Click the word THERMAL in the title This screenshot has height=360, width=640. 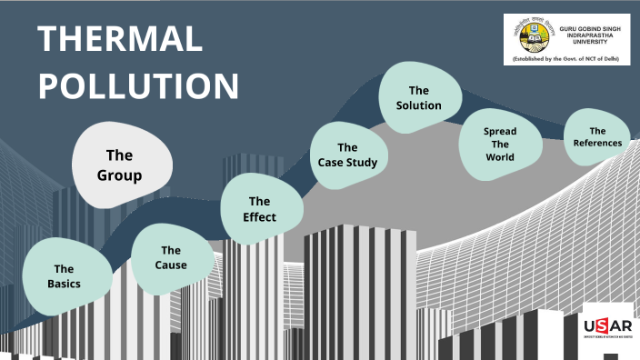click(x=119, y=39)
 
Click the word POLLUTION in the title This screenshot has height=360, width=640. click(x=138, y=85)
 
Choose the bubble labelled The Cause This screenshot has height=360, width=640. click(x=171, y=257)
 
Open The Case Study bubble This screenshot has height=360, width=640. click(x=347, y=155)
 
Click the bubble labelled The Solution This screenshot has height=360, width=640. click(x=418, y=97)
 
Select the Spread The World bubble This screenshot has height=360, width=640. click(x=499, y=144)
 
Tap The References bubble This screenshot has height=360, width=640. click(x=597, y=136)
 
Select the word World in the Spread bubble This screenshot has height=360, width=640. click(x=499, y=156)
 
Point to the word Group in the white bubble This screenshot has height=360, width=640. click(x=120, y=175)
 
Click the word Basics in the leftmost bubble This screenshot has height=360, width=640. click(x=64, y=284)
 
